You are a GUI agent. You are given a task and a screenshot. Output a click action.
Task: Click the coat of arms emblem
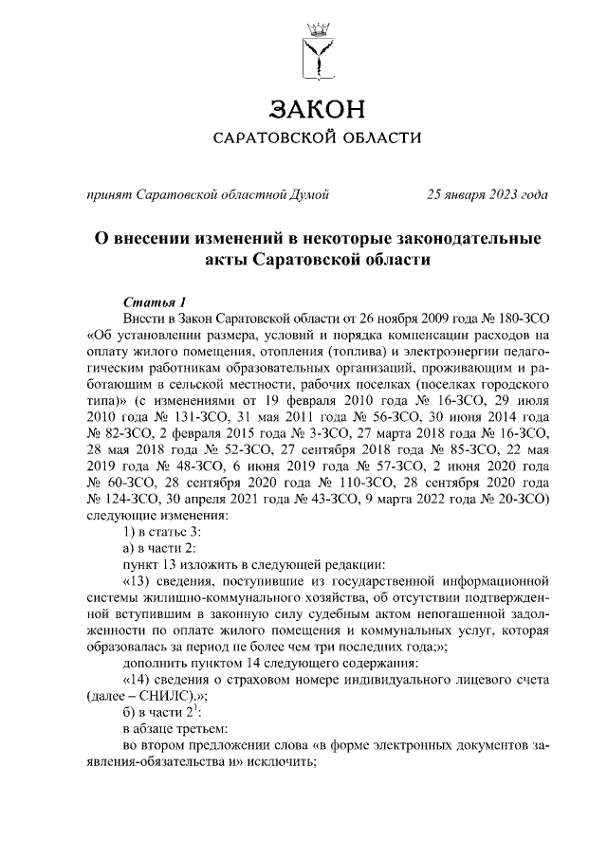pyautogui.click(x=317, y=49)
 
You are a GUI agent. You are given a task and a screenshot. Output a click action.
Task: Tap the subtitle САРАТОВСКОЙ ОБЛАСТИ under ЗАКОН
pyautogui.click(x=316, y=138)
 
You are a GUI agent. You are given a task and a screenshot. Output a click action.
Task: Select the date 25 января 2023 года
pyautogui.click(x=487, y=195)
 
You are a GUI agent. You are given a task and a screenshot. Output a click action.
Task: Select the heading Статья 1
pyautogui.click(x=155, y=301)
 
